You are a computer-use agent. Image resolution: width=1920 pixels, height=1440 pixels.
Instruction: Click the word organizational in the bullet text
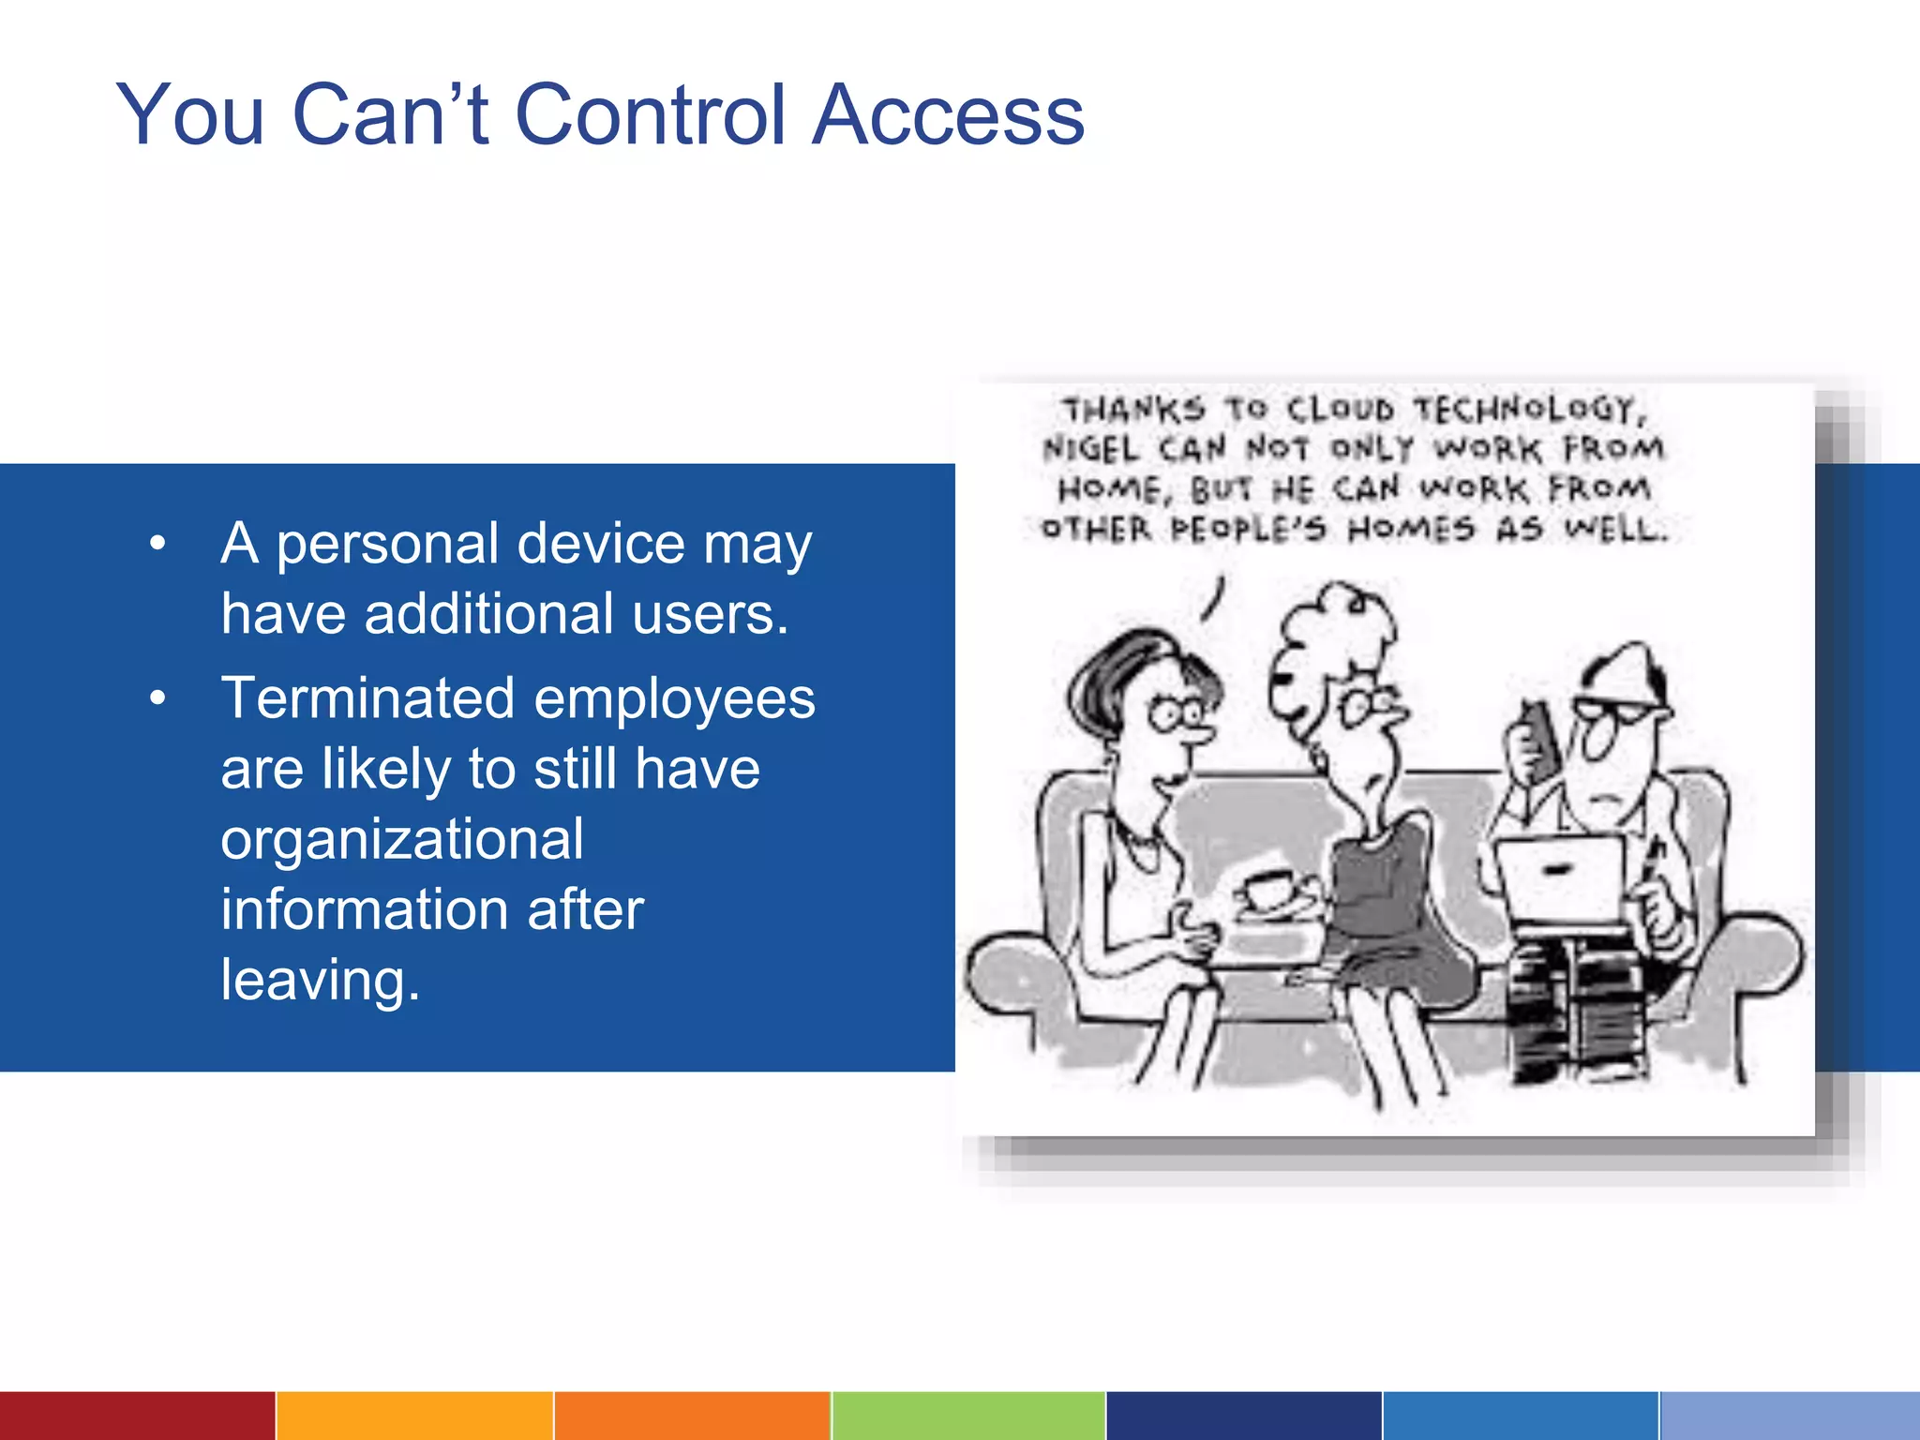click(402, 839)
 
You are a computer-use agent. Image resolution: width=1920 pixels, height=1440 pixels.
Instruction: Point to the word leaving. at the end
click(320, 980)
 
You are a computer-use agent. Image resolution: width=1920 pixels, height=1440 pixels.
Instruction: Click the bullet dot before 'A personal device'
click(157, 544)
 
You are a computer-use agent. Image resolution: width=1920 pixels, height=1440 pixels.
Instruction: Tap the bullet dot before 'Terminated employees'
click(157, 698)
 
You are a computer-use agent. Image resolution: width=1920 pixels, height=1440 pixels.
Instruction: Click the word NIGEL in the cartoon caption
click(1090, 449)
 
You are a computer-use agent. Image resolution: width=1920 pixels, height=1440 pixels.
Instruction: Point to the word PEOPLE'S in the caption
click(1249, 530)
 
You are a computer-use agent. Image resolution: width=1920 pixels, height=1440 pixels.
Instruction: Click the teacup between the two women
click(1269, 888)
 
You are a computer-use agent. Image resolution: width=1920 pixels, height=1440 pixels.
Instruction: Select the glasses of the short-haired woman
click(1177, 714)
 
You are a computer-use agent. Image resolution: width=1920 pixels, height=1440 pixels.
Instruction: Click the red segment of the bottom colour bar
click(137, 1416)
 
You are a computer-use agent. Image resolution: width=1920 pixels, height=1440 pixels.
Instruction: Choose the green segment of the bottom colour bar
click(967, 1416)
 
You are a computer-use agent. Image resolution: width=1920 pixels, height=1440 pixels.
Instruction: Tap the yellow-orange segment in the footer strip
click(414, 1416)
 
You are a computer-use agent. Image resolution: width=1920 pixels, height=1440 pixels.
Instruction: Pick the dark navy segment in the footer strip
click(1243, 1416)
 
